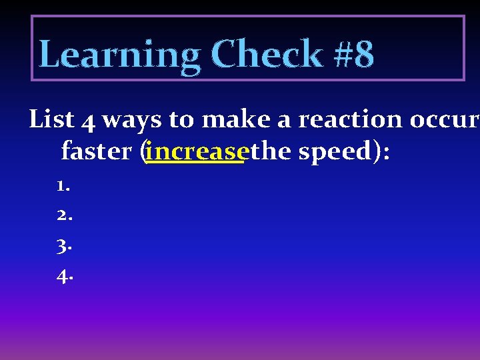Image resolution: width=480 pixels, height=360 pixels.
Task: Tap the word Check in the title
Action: [267, 55]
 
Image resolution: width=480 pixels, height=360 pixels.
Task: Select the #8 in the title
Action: [354, 55]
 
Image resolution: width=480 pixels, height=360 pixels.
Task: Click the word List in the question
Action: [51, 120]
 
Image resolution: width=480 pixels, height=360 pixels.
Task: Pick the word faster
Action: [97, 151]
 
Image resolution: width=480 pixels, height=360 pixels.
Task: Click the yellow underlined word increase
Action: [195, 151]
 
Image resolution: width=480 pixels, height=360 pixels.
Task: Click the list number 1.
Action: [63, 187]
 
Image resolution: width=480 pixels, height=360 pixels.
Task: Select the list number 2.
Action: [63, 216]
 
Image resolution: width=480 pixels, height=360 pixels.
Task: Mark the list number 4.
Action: [63, 275]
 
